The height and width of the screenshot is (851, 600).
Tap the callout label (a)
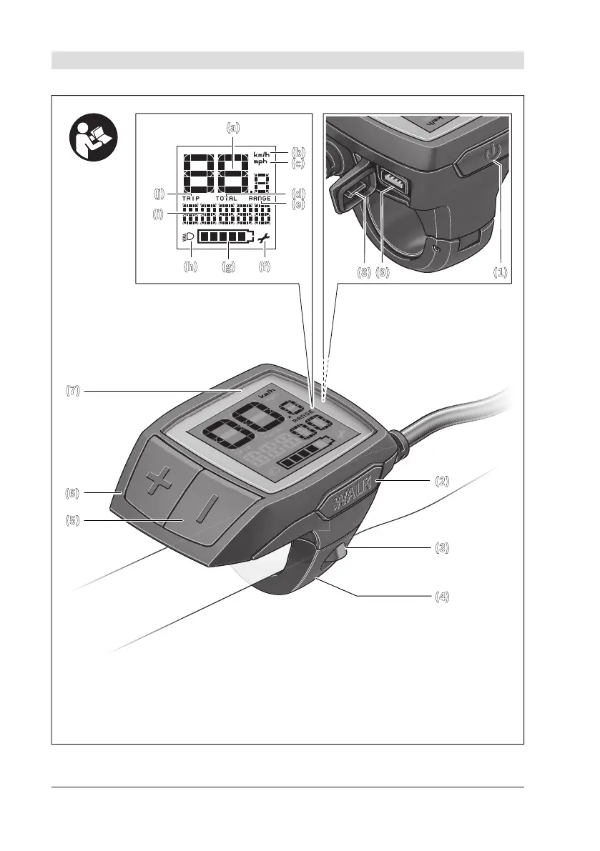234,129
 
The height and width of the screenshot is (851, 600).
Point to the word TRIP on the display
192,198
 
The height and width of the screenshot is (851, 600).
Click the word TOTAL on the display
226,198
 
